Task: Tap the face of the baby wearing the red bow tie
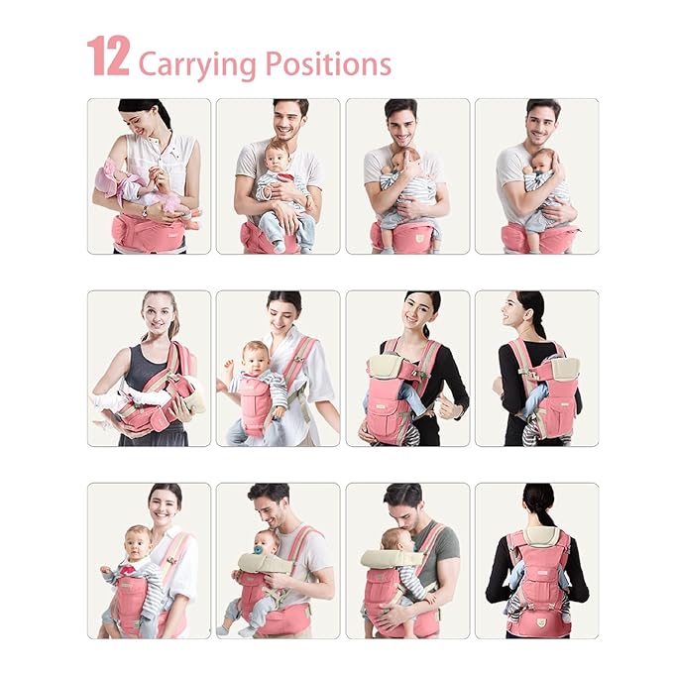click(139, 545)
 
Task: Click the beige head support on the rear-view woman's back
click(539, 535)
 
